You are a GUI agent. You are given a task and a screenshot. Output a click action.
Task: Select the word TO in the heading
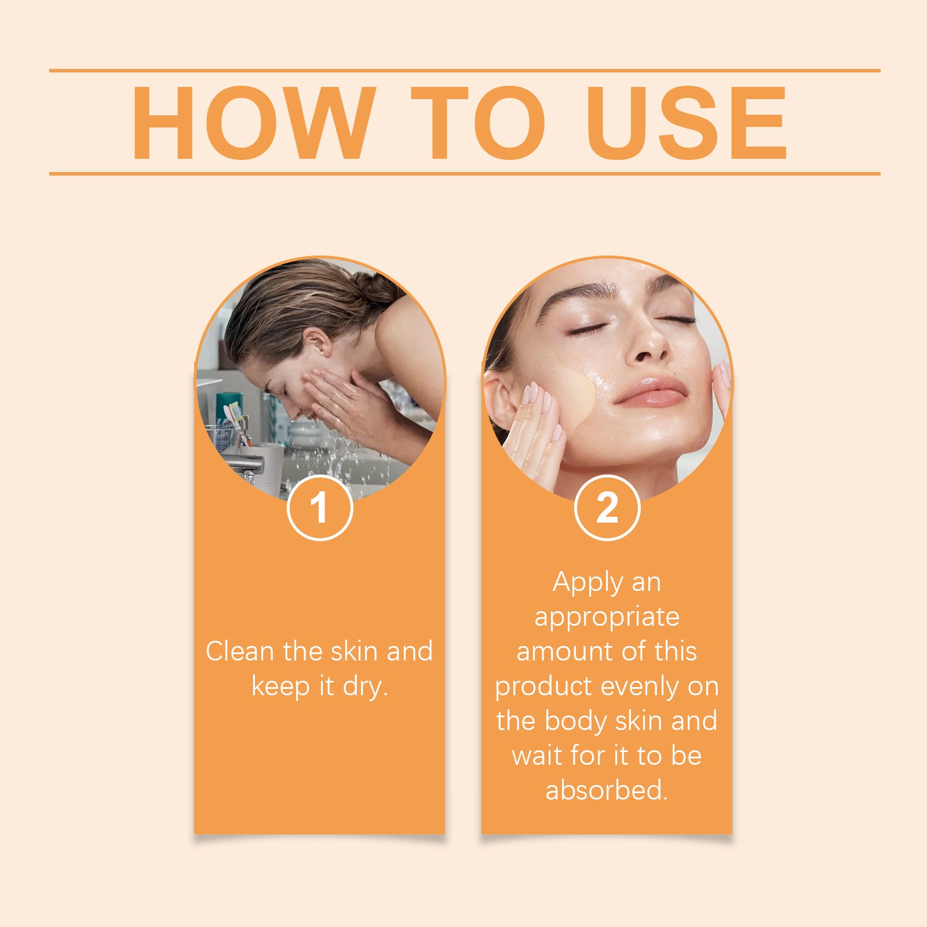tap(479, 122)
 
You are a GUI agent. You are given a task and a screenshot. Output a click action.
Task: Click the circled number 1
tap(320, 508)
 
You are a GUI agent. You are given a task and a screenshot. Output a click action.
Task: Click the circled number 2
tap(607, 508)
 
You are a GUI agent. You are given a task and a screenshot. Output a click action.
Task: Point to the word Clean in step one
tap(240, 651)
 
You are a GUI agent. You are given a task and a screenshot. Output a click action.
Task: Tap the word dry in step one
tap(362, 688)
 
